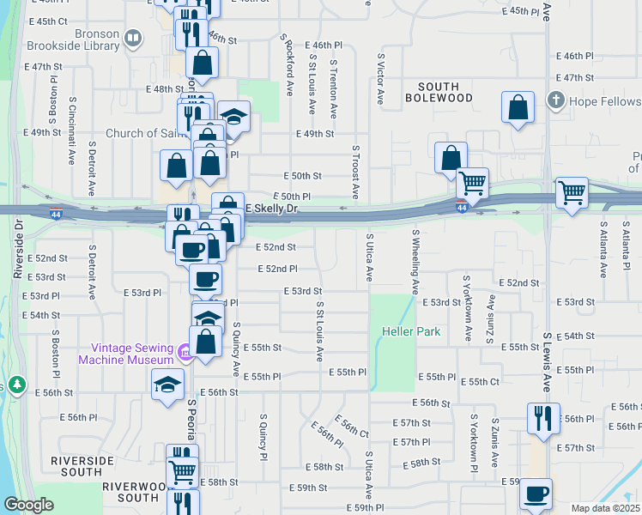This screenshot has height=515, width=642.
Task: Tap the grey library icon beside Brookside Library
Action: [x=132, y=38]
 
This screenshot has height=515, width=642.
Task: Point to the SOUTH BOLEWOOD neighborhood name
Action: [x=451, y=92]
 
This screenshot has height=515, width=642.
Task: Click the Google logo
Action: [x=28, y=505]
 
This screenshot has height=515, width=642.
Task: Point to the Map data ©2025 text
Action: [x=604, y=508]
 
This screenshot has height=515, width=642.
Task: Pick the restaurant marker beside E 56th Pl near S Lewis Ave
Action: [x=542, y=418]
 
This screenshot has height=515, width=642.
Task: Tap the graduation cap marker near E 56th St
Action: [x=167, y=384]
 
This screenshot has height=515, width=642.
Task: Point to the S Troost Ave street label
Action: [x=354, y=172]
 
